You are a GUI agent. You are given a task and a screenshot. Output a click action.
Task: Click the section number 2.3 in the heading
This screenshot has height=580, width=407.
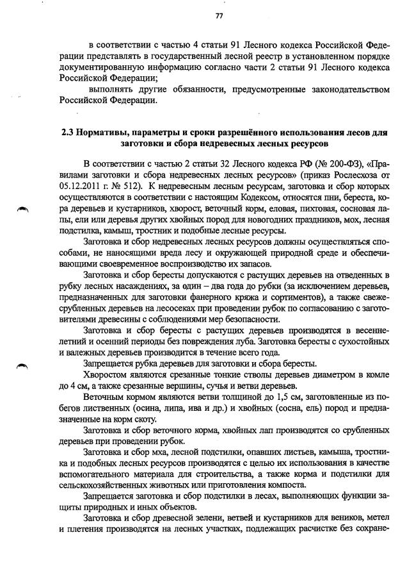click(x=68, y=133)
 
